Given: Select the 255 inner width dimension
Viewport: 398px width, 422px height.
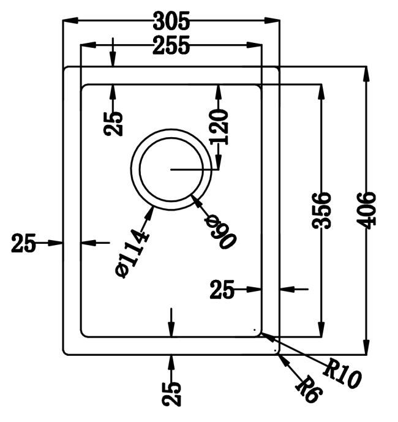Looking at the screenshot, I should point(171,46).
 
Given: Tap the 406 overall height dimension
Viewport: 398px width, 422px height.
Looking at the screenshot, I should point(367,210).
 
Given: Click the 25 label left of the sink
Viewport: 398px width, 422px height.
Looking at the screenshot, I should point(24,243).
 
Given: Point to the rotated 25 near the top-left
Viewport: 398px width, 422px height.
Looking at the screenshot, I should point(113,123).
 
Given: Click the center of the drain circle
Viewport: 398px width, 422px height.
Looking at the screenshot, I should point(171,169).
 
